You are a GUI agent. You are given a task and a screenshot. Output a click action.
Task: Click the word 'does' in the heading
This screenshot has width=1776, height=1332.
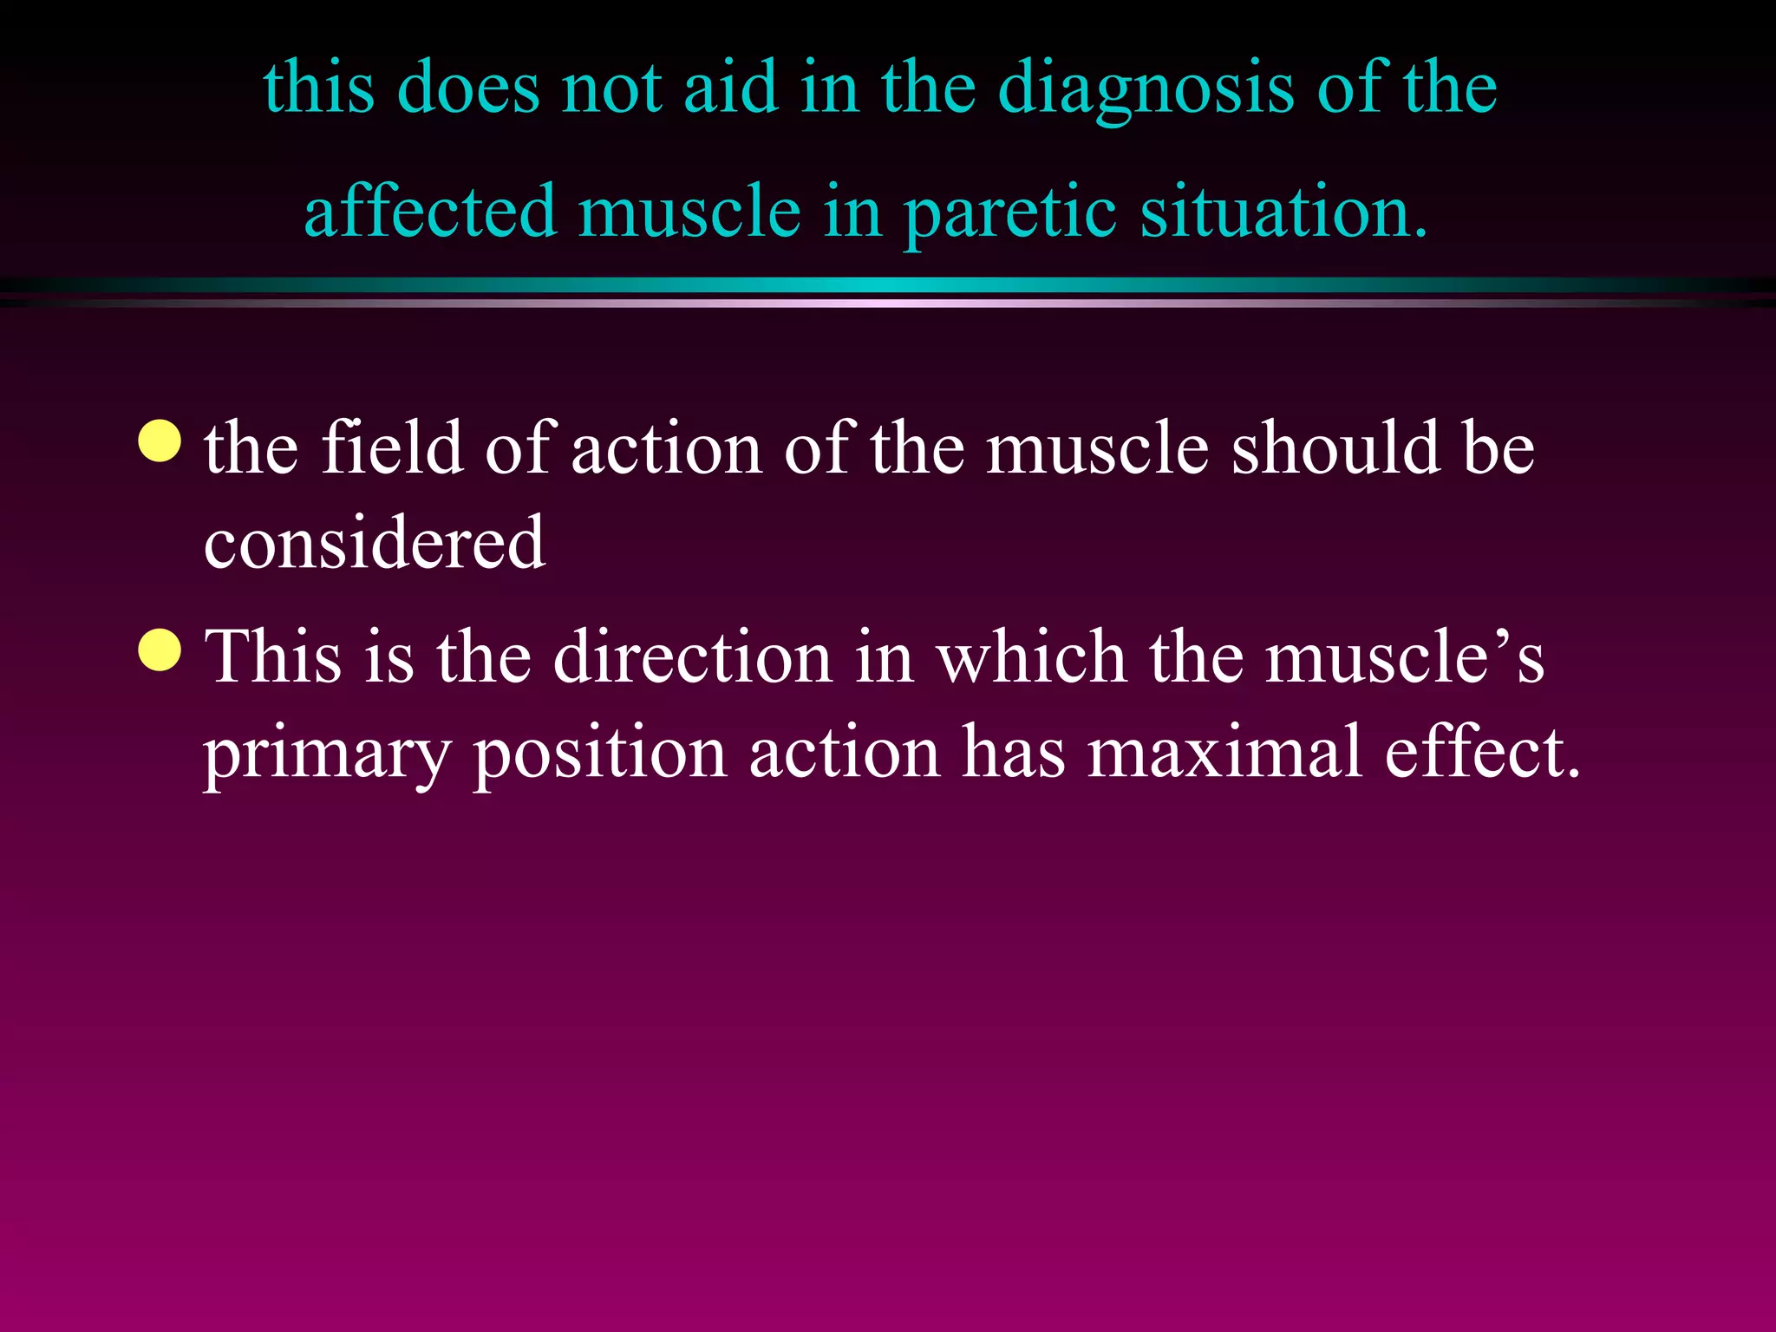[467, 88]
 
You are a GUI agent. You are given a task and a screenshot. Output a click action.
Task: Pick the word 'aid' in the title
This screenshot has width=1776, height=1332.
[730, 88]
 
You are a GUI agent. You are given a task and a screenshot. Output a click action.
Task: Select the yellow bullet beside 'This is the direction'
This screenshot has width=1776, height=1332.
[160, 650]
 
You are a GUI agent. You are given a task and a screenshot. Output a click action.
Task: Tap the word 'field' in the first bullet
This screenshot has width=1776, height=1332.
[392, 448]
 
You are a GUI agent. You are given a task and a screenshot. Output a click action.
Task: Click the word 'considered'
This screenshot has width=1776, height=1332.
[375, 543]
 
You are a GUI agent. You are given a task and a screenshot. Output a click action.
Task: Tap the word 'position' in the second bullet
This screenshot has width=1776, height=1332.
[599, 753]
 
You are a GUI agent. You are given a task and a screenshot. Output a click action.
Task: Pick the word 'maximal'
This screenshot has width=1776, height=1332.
[1224, 753]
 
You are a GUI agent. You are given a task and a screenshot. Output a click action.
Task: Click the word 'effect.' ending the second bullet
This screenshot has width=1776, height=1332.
[1482, 753]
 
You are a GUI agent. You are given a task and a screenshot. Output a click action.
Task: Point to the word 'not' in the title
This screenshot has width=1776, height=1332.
[611, 90]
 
